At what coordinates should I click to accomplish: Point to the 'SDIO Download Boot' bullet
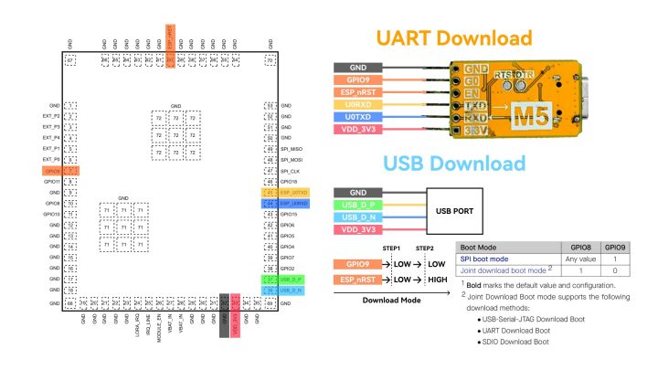[514, 341]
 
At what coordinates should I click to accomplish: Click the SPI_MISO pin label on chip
[292, 149]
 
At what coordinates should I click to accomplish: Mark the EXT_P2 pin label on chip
[51, 117]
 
